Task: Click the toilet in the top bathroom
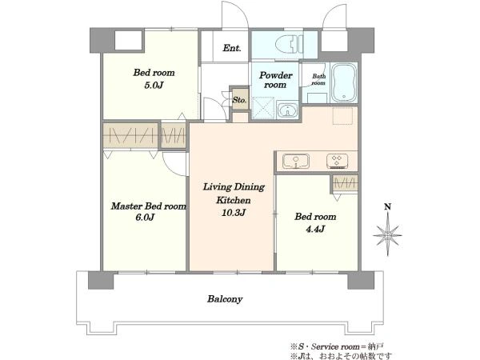289,44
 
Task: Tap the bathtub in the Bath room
344,82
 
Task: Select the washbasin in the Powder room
287,111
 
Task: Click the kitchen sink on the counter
296,162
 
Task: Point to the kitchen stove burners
337,161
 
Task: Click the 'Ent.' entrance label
232,48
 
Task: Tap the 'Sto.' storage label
239,100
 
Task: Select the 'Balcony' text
225,298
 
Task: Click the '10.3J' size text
234,213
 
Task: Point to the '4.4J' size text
315,229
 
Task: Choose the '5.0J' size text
154,85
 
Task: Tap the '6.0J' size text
145,218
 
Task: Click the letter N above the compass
387,207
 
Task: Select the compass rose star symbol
387,234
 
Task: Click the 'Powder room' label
275,80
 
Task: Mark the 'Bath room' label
318,79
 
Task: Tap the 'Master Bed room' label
149,206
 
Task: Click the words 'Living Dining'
234,186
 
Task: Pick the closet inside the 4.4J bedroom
345,184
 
